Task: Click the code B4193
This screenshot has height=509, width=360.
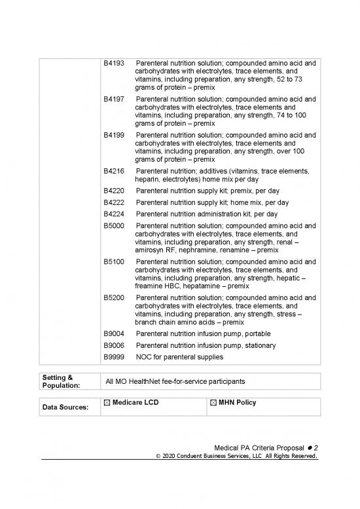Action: (115, 64)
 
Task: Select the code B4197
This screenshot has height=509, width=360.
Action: (115, 100)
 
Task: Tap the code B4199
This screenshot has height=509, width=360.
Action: (115, 136)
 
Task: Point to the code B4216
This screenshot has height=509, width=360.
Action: (115, 171)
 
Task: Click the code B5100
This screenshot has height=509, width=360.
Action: (115, 261)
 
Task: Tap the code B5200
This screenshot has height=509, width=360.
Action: (115, 297)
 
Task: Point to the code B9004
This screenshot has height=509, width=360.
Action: (115, 333)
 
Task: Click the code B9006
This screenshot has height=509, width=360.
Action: (115, 345)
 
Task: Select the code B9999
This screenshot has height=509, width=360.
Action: (115, 357)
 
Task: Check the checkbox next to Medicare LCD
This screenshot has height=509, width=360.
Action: (107, 402)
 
